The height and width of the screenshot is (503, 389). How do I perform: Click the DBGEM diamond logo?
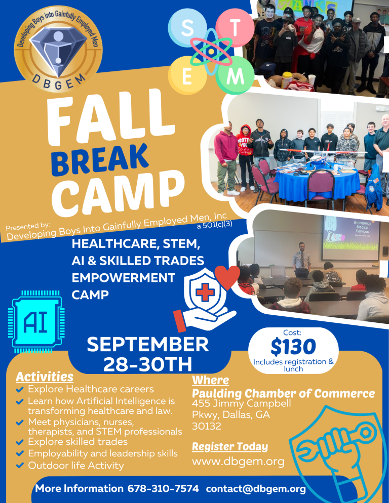58,49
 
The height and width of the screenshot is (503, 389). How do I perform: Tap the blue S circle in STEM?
187,28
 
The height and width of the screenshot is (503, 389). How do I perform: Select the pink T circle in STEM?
235,28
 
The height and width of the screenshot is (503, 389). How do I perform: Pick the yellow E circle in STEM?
187,75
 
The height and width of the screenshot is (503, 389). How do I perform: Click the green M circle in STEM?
235,76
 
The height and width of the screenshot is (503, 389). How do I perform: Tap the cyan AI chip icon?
36,321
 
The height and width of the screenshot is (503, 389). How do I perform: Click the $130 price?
293,347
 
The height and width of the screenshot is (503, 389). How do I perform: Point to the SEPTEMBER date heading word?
148,344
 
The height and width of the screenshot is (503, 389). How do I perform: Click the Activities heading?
45,376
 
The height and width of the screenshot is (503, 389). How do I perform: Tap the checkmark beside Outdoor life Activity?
20,465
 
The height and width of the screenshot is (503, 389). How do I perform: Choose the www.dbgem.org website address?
239,462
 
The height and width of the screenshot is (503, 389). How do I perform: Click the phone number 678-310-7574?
163,488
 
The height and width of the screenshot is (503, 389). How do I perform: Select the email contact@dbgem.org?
256,488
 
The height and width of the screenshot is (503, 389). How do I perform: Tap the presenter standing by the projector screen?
302,259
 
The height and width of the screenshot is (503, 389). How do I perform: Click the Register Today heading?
230,446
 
